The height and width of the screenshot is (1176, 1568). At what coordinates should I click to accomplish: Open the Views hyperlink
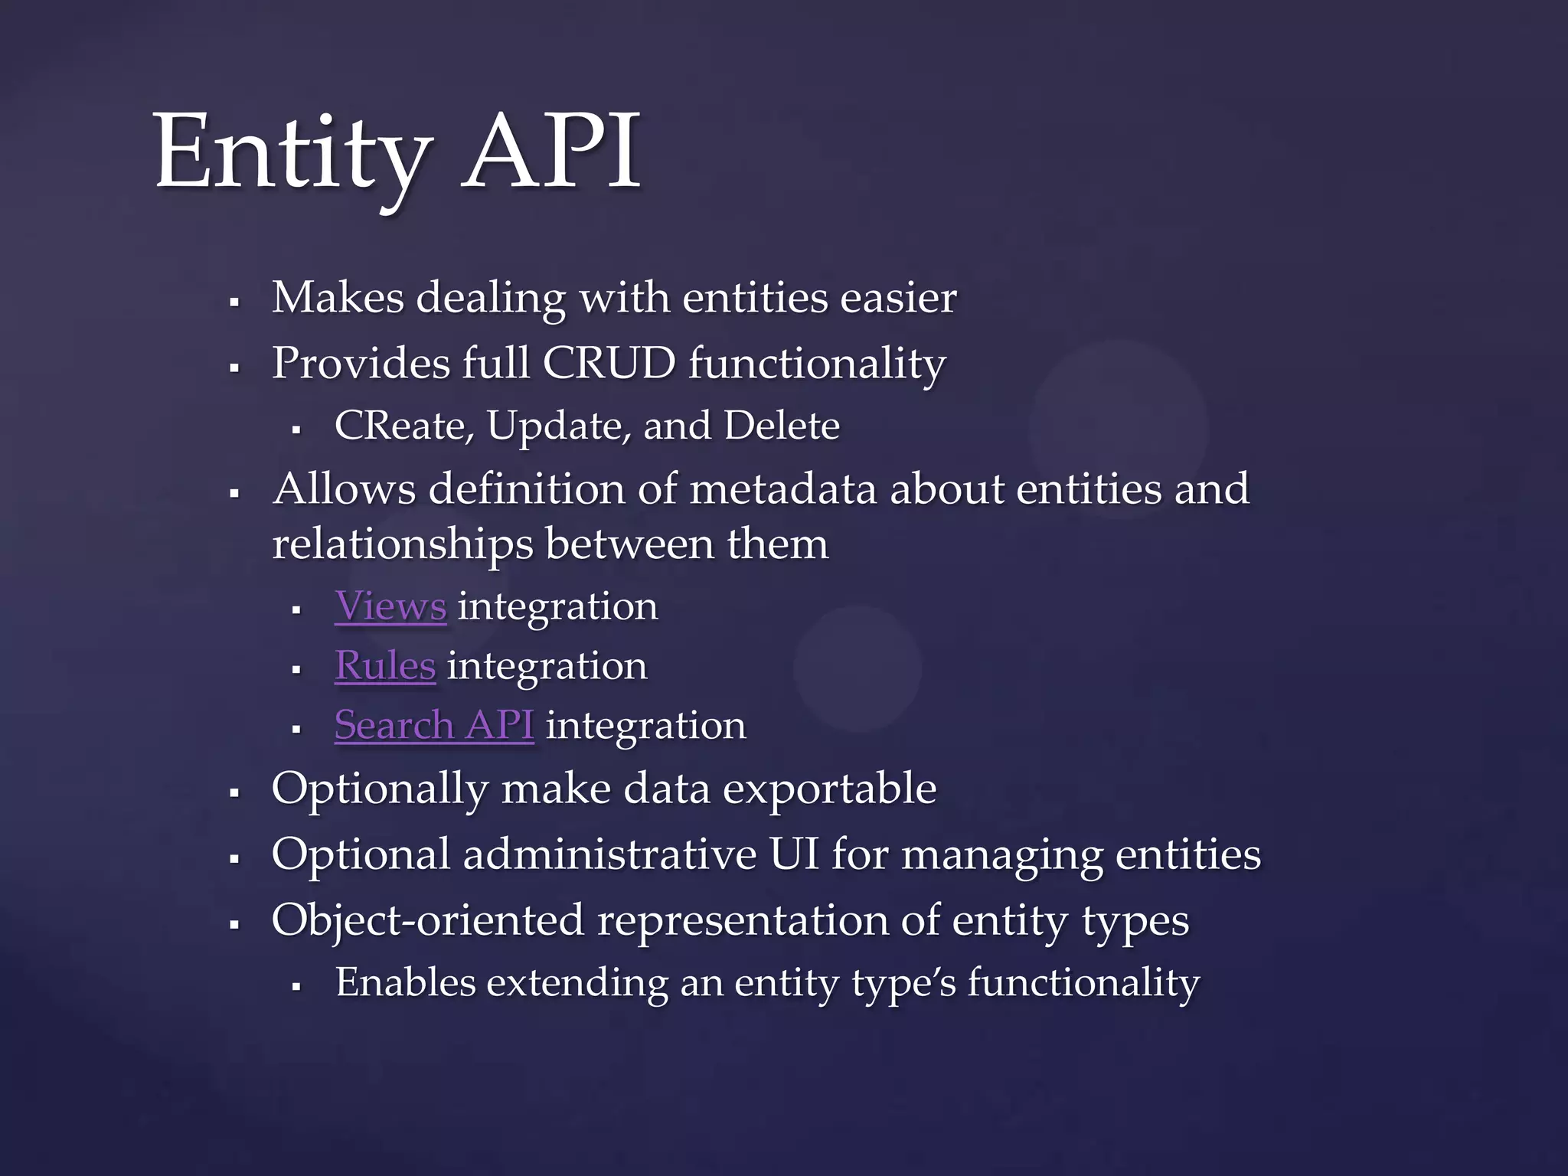coord(390,606)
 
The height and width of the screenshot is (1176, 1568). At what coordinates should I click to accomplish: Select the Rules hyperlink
coord(385,665)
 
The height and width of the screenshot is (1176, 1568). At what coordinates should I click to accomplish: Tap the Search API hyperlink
coord(434,725)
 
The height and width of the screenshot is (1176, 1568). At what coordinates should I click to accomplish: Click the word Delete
coord(781,426)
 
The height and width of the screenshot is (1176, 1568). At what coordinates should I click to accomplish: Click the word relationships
coord(403,544)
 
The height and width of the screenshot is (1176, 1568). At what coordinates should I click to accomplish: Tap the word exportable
coord(830,789)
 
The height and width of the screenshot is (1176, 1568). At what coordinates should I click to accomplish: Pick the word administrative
coord(609,854)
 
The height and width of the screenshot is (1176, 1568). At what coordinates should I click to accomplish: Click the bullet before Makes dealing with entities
coord(235,303)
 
